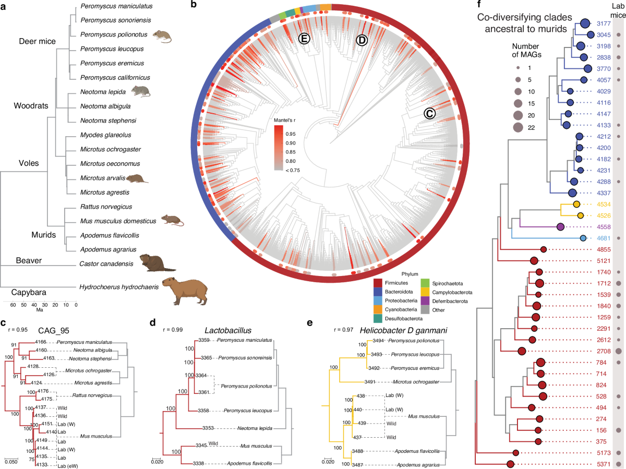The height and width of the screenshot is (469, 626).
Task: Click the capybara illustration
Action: pos(186,289)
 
